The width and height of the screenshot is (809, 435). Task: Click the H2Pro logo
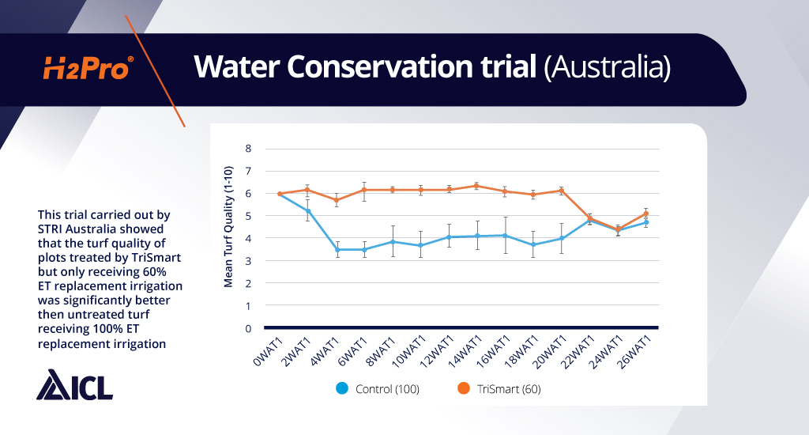pyautogui.click(x=87, y=69)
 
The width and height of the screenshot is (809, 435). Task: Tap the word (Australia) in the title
pyautogui.click(x=608, y=68)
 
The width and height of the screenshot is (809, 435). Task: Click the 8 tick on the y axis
pyautogui.click(x=247, y=149)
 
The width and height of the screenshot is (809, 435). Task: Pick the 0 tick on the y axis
pyautogui.click(x=247, y=328)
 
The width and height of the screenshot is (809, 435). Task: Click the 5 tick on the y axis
pyautogui.click(x=247, y=216)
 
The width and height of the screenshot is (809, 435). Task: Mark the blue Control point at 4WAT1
pyautogui.click(x=337, y=250)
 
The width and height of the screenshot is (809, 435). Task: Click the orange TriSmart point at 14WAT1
pyautogui.click(x=476, y=186)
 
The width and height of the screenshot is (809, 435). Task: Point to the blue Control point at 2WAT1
pyautogui.click(x=309, y=210)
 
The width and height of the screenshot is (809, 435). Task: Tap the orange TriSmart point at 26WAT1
pyautogui.click(x=646, y=214)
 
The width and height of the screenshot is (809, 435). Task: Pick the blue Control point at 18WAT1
pyautogui.click(x=533, y=245)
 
